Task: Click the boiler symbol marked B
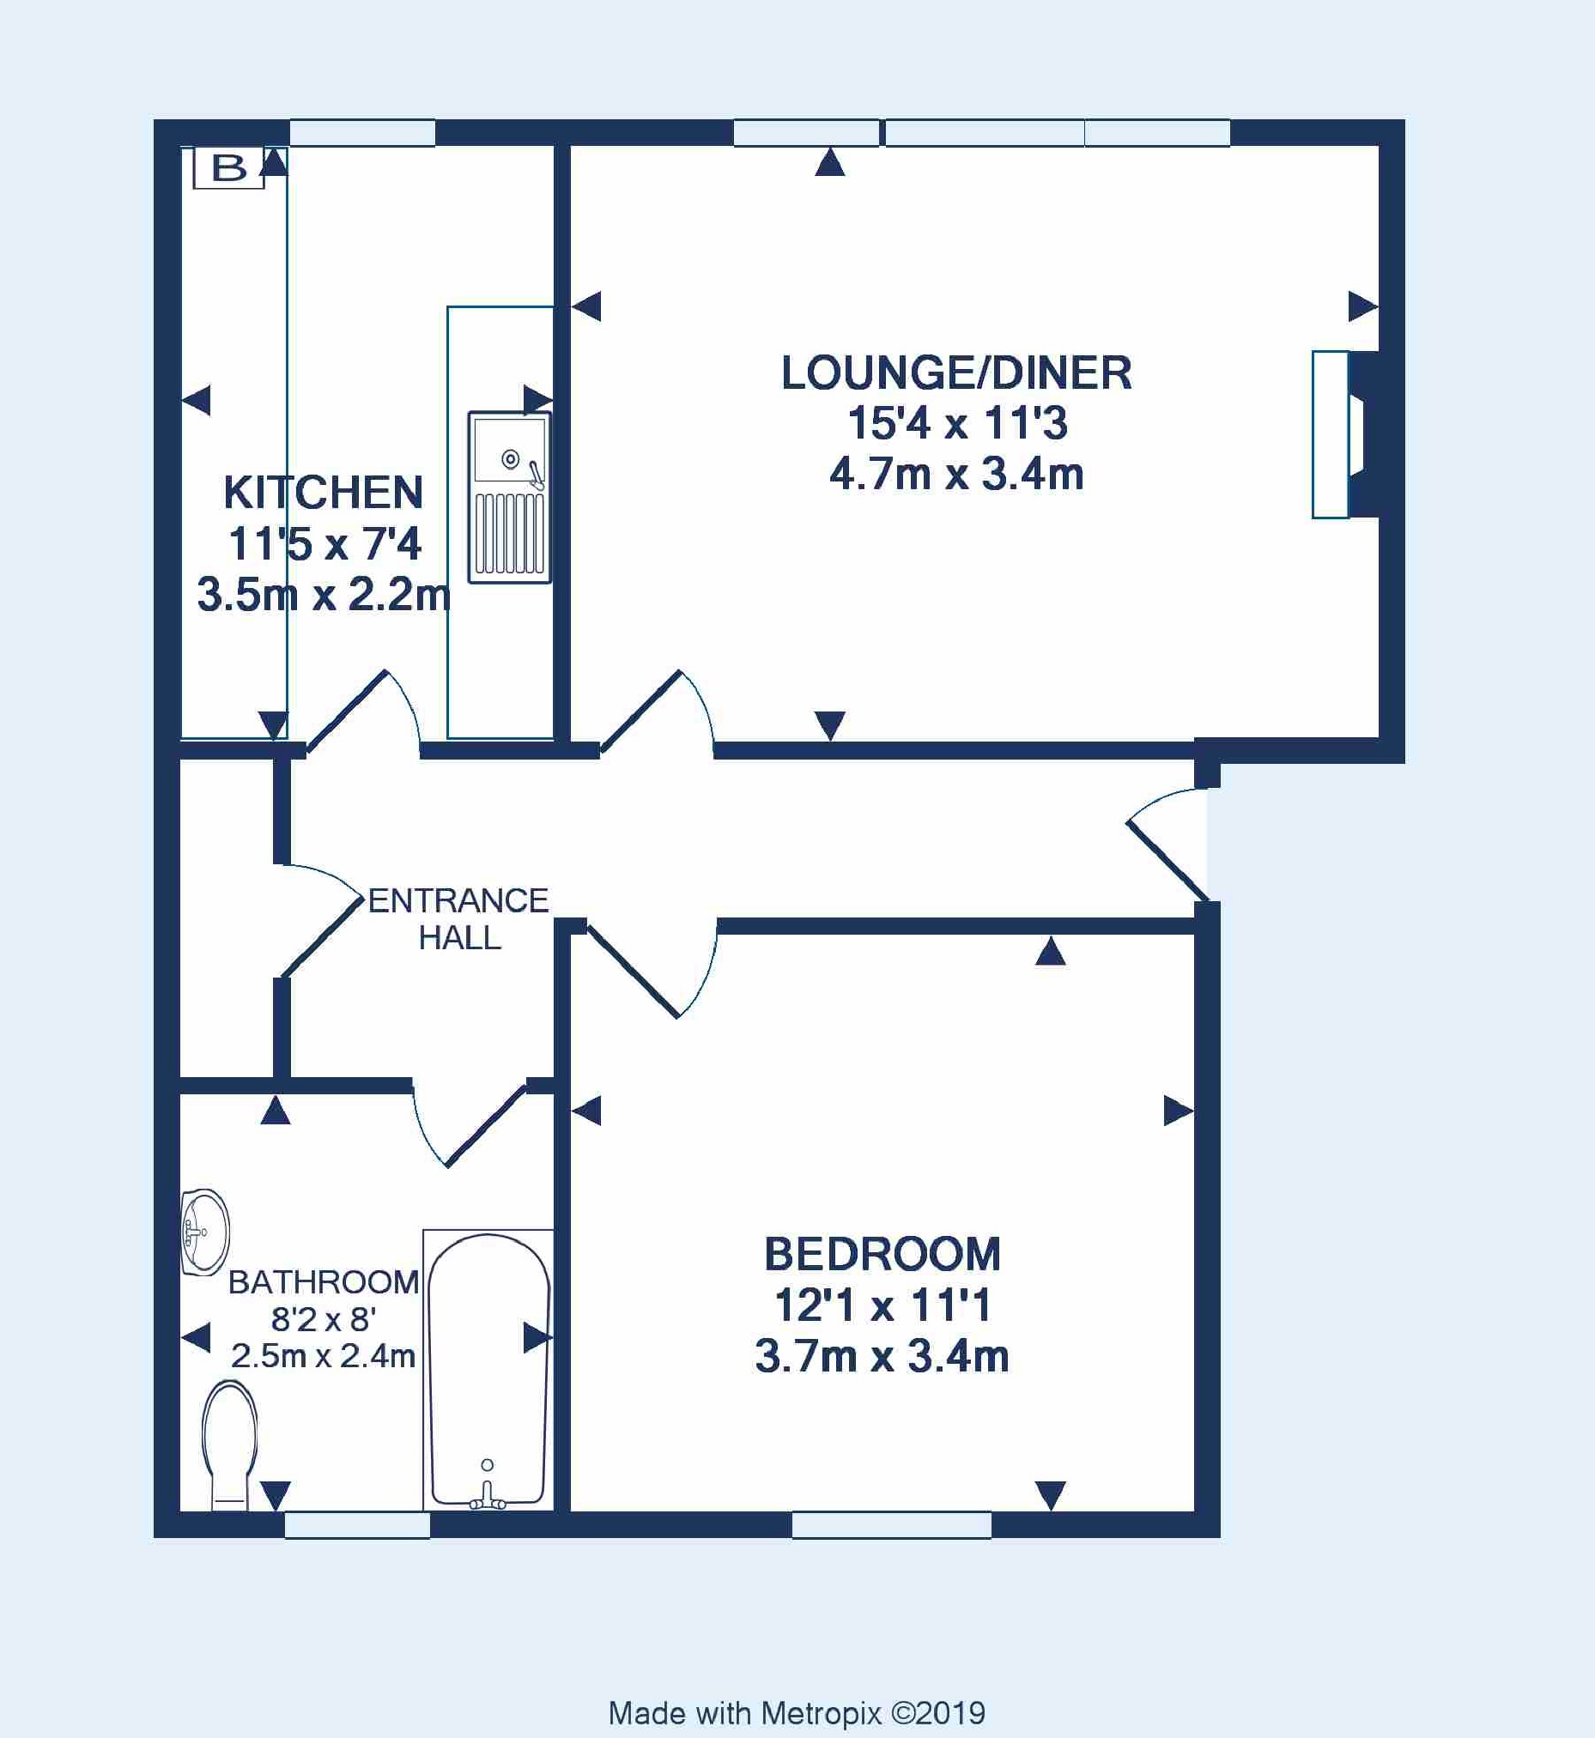(x=228, y=167)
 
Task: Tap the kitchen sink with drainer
(x=509, y=497)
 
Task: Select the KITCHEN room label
(x=324, y=493)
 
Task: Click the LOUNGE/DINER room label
(x=956, y=372)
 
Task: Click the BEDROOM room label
(x=882, y=1254)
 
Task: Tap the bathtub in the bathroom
(x=488, y=1371)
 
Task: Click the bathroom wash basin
(x=205, y=1232)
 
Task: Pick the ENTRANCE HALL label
(x=458, y=919)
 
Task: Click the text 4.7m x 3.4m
(x=956, y=475)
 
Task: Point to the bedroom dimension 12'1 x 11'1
(x=882, y=1305)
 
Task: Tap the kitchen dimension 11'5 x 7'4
(x=324, y=543)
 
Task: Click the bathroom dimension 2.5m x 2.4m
(x=323, y=1356)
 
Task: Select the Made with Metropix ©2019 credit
(x=797, y=1713)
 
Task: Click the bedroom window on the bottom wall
(x=892, y=1525)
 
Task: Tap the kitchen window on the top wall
(x=361, y=133)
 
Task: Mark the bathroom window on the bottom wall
(x=357, y=1525)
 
